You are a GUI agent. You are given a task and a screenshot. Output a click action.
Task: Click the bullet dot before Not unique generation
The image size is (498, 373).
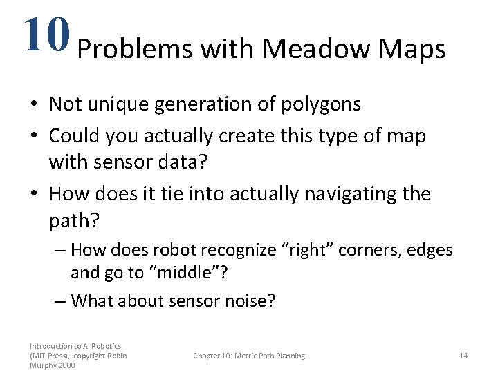pos(33,105)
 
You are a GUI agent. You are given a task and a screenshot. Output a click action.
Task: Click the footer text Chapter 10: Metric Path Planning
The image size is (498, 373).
pos(249,356)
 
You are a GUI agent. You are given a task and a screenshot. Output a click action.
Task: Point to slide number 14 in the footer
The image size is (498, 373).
pos(463,356)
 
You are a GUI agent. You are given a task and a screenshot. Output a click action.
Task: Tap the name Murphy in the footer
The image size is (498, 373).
pos(43,365)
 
